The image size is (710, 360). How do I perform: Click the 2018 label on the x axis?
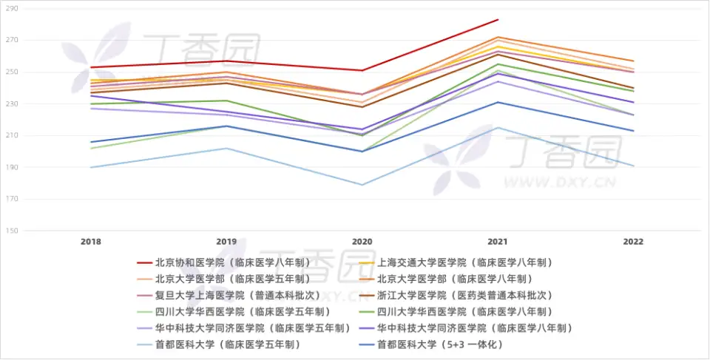coord(91,242)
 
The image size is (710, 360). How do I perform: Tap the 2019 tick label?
coord(226,242)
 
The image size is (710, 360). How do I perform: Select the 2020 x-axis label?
coord(362,242)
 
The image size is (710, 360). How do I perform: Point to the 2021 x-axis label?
coord(498,242)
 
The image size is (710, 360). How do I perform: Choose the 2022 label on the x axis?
coord(633,242)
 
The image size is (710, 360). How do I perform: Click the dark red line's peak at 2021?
coord(498,20)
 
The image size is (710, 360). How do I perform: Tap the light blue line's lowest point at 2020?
coord(362,185)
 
